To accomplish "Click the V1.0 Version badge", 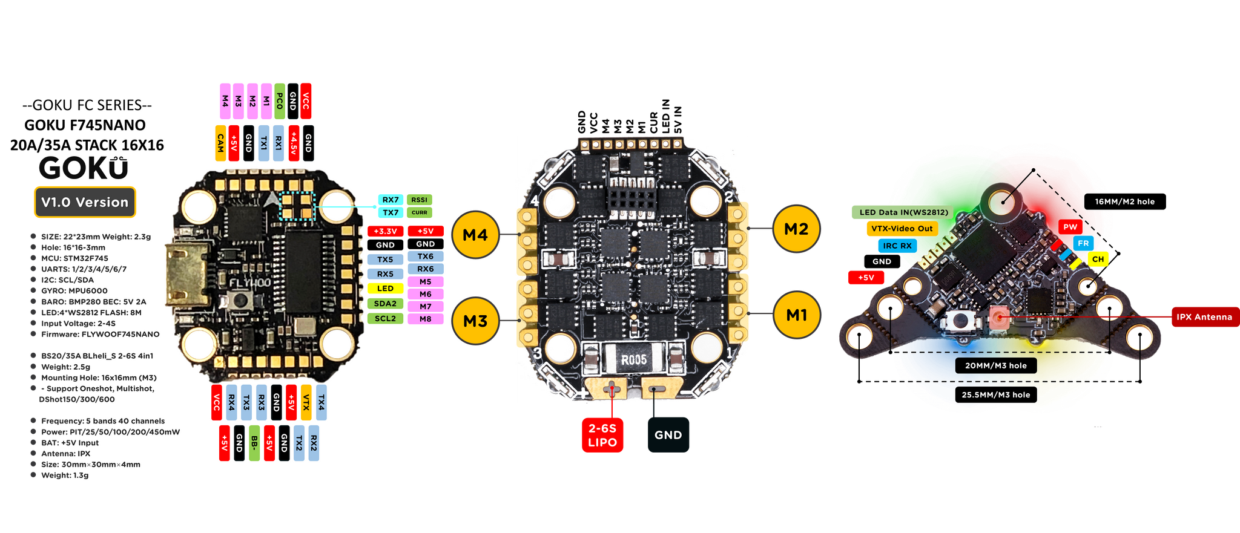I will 84,202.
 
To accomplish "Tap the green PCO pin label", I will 279,101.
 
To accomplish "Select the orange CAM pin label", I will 220,143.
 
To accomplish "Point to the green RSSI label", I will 419,200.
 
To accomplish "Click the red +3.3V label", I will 385,231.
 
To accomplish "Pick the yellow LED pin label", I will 385,289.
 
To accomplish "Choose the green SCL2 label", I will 385,318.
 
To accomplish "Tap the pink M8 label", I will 426,319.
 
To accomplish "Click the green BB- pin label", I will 254,443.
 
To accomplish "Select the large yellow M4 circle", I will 475,235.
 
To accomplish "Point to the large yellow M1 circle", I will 796,315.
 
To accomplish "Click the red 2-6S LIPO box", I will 602,435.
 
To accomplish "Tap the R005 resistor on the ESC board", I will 634,360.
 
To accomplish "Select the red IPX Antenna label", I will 1204,317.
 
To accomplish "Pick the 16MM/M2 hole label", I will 1124,201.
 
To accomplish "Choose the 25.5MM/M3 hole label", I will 995,395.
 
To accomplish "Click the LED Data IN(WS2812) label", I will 903,212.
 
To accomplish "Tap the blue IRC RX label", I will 897,246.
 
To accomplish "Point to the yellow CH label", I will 1098,259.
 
